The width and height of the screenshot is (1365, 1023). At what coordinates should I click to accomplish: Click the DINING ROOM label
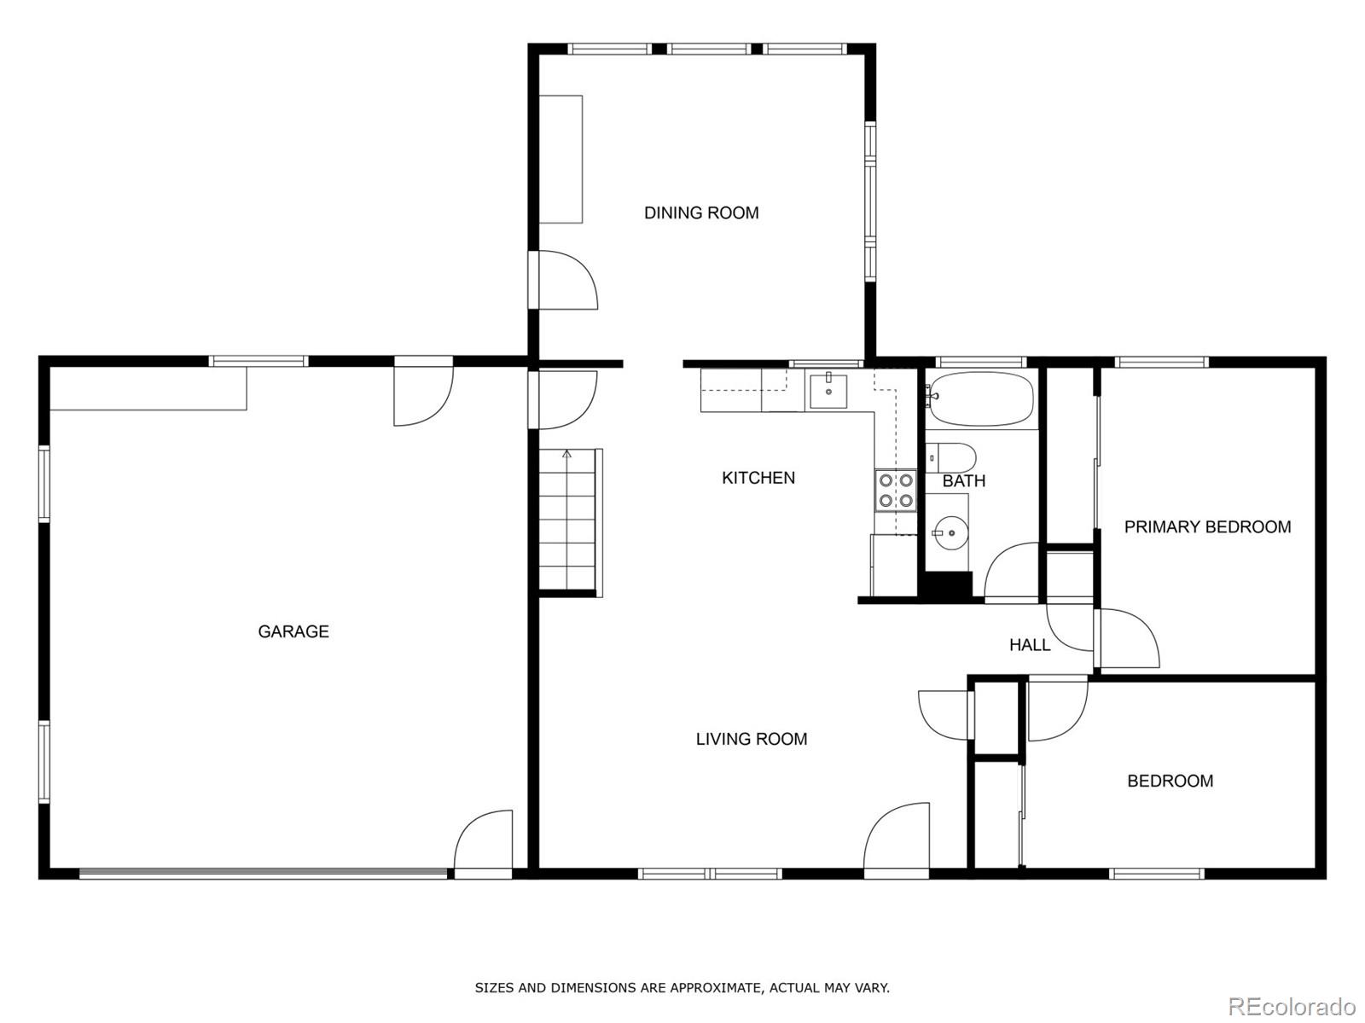pyautogui.click(x=701, y=212)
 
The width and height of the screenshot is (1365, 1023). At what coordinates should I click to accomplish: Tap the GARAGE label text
pyautogui.click(x=293, y=631)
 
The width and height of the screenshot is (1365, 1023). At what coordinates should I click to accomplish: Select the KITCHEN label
pyautogui.click(x=758, y=478)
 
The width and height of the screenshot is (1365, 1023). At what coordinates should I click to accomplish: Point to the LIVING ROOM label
pyautogui.click(x=752, y=739)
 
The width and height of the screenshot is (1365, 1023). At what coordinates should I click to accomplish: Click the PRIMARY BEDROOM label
pyautogui.click(x=1207, y=526)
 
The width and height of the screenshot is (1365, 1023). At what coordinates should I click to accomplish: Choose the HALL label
pyautogui.click(x=1030, y=644)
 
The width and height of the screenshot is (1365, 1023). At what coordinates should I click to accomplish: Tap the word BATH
pyautogui.click(x=964, y=481)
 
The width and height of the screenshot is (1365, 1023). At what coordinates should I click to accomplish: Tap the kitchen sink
pyautogui.click(x=828, y=391)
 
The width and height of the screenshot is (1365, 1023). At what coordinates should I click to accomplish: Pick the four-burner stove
pyautogui.click(x=896, y=491)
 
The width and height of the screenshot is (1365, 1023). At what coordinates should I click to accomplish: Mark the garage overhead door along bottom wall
pyautogui.click(x=263, y=873)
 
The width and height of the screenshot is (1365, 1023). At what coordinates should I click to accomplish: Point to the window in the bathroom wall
pyautogui.click(x=980, y=362)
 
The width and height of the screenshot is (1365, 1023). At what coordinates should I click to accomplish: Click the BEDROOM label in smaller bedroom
pyautogui.click(x=1170, y=781)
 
